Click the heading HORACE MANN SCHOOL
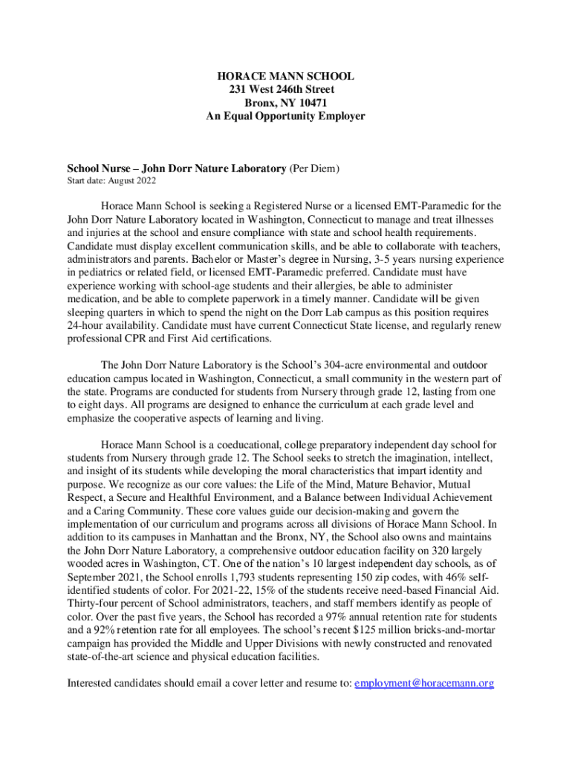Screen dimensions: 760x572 tap(285, 76)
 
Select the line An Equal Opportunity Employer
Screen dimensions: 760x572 tap(285, 117)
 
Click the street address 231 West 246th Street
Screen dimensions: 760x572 tap(285, 90)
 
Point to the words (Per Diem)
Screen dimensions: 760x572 tap(314, 168)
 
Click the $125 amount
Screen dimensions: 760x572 tap(395, 630)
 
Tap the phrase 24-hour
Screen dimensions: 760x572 tap(82, 326)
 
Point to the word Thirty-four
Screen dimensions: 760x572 tap(94, 603)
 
